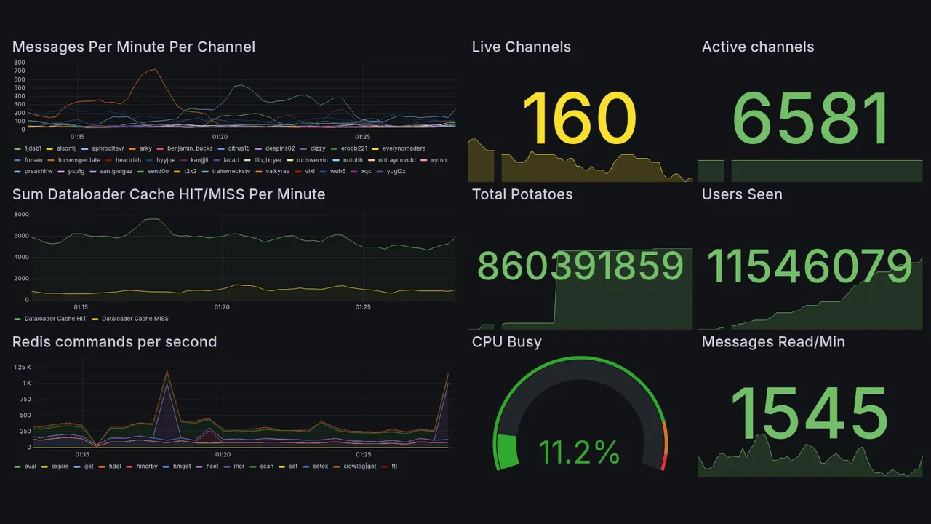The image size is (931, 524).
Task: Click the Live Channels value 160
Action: tap(579, 119)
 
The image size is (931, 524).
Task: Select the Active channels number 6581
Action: tap(811, 119)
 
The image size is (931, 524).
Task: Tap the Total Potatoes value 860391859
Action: tap(580, 266)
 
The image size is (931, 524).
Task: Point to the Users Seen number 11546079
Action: tap(810, 266)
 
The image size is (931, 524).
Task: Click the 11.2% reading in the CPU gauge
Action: tap(579, 453)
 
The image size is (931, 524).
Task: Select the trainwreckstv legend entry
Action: tap(229, 172)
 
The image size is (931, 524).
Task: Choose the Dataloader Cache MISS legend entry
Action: tap(135, 319)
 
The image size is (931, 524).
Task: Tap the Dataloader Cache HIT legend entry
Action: tap(55, 319)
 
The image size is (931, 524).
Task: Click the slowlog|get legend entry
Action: tap(360, 467)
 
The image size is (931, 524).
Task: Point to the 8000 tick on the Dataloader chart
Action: tap(21, 215)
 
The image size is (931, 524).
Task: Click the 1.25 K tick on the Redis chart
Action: tap(22, 368)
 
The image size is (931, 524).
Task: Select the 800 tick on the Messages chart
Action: tap(20, 63)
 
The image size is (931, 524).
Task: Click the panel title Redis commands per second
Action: tap(114, 342)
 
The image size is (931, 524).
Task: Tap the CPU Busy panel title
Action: tap(506, 342)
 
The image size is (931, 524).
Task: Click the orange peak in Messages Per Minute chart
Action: tap(152, 70)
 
